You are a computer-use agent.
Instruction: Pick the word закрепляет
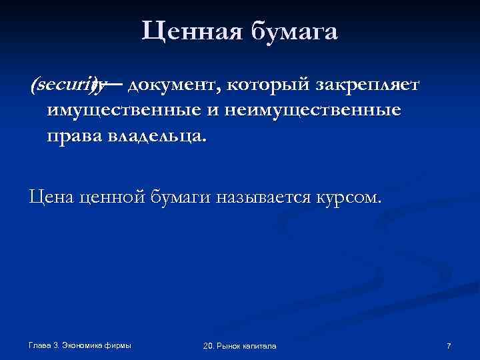[x=359, y=85]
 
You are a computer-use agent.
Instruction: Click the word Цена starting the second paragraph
[x=51, y=197]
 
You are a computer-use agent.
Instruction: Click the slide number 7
[x=449, y=345]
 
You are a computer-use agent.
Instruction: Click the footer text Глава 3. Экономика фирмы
[x=80, y=345]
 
